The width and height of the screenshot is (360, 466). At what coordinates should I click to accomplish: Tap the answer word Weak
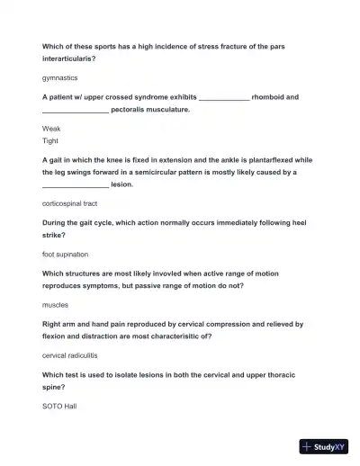(51, 129)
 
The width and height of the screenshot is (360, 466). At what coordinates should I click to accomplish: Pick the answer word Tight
(50, 140)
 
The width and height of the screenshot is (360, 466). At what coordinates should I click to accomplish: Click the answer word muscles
(56, 305)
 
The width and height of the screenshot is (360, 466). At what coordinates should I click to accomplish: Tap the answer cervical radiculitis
(73, 355)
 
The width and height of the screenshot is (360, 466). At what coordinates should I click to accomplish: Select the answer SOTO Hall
(59, 406)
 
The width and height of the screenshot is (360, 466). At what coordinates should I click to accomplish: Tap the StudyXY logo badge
(323, 445)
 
